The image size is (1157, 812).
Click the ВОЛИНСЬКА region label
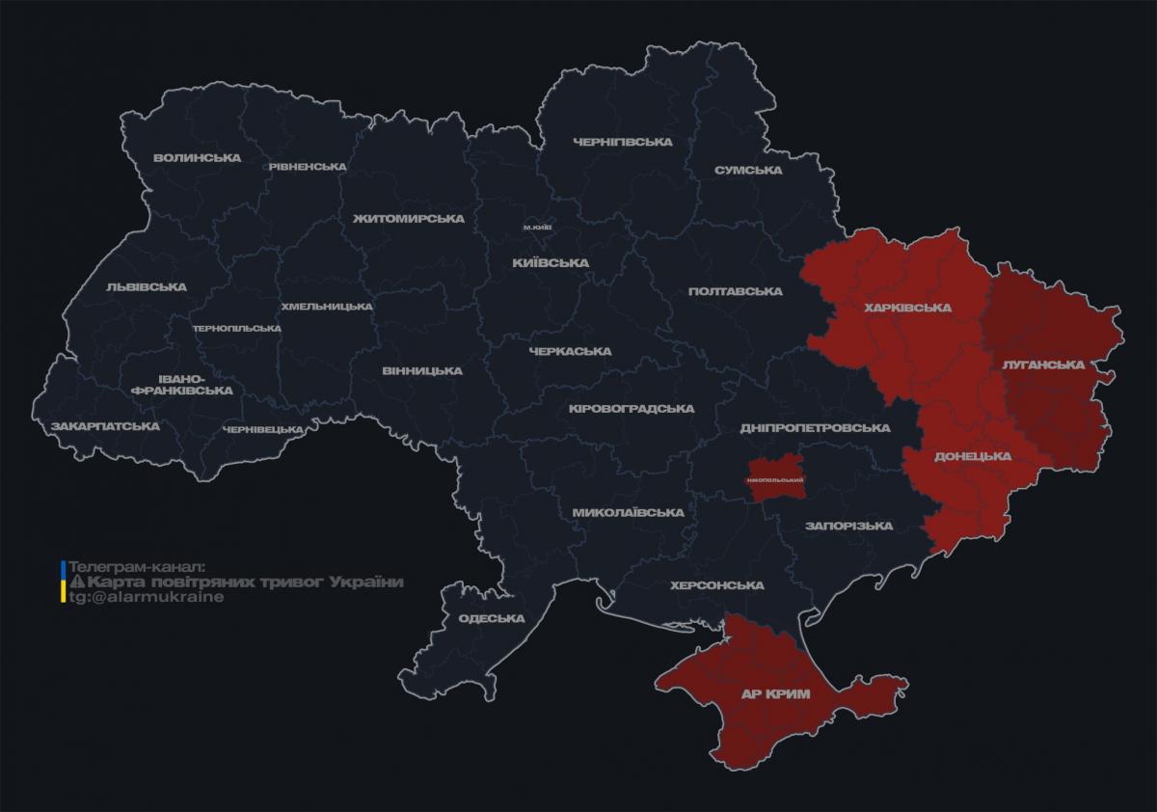[x=197, y=157]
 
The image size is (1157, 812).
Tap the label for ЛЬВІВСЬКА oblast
[x=147, y=286]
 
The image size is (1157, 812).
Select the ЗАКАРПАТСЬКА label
[x=106, y=425]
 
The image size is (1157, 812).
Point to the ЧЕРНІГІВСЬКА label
[x=622, y=142]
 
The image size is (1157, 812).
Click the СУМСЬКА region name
[x=748, y=170]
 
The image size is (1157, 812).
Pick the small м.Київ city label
[x=537, y=227]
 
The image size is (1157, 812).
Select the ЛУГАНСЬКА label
[x=1043, y=365]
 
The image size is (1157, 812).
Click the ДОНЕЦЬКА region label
[x=973, y=456]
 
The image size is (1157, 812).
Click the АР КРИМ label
[x=775, y=693]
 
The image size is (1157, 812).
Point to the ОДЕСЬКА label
[x=492, y=618]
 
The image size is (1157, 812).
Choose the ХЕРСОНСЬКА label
[x=717, y=585]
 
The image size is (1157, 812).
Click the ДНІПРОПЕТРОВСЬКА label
[x=814, y=427]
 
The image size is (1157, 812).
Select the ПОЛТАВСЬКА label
[x=735, y=291]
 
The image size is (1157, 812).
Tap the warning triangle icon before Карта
[x=78, y=582]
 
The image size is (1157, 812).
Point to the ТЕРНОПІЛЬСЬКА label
[x=236, y=328]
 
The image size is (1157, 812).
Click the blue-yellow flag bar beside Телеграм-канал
[x=64, y=582]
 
